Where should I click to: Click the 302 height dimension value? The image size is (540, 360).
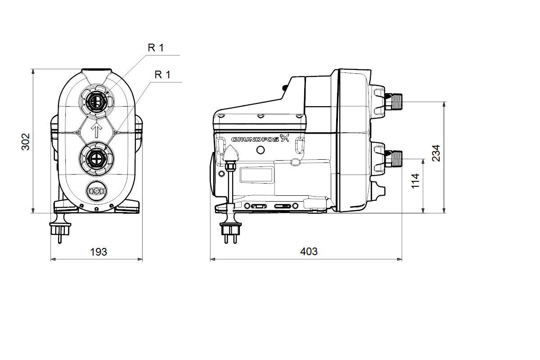point(26,142)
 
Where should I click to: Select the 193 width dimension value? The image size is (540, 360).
point(99,252)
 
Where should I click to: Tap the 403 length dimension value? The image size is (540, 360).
point(309,252)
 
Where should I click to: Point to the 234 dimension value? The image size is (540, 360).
point(436,153)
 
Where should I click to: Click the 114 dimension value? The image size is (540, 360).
point(415,181)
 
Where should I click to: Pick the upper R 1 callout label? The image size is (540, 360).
point(156,48)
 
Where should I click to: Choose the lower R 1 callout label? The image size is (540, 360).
point(162,75)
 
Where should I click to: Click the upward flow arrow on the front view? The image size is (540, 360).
point(97,130)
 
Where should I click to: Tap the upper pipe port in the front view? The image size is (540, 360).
point(97,102)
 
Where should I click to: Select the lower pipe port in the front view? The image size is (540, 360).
point(97,158)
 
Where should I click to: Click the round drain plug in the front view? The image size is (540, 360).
point(96,191)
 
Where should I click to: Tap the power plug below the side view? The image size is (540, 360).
point(230,231)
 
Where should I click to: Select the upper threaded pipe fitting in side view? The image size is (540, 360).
point(393,102)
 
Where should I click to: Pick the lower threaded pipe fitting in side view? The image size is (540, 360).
point(393,159)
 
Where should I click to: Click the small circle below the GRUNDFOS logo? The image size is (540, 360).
point(261,150)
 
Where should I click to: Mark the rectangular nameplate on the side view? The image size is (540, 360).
point(256,175)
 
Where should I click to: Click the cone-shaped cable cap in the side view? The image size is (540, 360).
point(231,153)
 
